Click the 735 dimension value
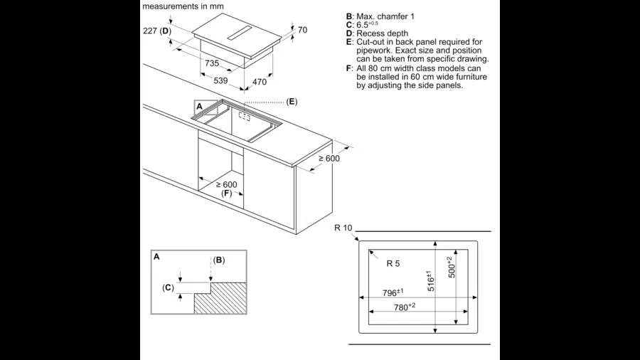(212, 64)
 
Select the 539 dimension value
(221, 81)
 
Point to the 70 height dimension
(302, 30)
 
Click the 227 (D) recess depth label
(157, 31)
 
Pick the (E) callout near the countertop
(292, 102)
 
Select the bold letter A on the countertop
(199, 106)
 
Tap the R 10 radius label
(343, 228)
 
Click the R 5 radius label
(393, 263)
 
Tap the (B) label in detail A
(219, 260)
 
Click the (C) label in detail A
(169, 287)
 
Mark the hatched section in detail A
(221, 298)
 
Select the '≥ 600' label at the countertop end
(329, 159)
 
